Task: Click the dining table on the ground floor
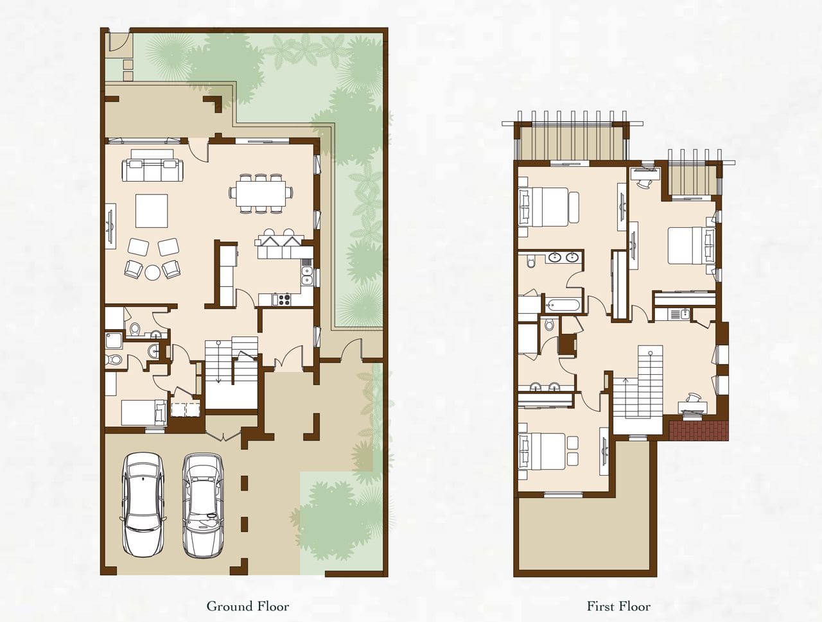click(261, 193)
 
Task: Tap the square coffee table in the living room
click(152, 211)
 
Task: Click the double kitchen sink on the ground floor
click(306, 275)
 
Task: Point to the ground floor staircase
click(231, 372)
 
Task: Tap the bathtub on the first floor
click(563, 306)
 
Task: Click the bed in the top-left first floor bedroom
click(548, 207)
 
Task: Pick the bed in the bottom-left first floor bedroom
click(547, 451)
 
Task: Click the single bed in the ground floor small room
click(144, 413)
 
